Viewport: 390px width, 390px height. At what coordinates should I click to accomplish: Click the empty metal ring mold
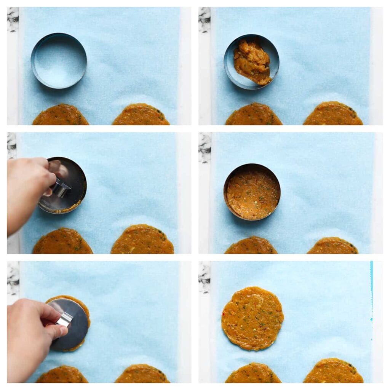tap(59, 61)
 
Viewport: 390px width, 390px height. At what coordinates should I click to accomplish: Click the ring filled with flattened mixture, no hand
tap(252, 192)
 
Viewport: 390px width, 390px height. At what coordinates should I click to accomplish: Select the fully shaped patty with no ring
tap(252, 318)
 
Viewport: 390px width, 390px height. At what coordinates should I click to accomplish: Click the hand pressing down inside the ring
tap(29, 190)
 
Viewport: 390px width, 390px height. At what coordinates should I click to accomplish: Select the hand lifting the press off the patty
tap(30, 335)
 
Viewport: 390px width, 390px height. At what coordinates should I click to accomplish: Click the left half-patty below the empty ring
tap(61, 116)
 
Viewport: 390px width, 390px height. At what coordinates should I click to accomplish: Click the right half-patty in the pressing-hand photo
tap(142, 241)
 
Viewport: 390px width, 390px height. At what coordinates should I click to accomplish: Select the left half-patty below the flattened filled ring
tap(251, 246)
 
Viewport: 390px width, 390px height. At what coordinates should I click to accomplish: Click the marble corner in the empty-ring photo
tap(13, 19)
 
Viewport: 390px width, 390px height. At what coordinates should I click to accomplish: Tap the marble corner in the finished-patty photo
tap(204, 277)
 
